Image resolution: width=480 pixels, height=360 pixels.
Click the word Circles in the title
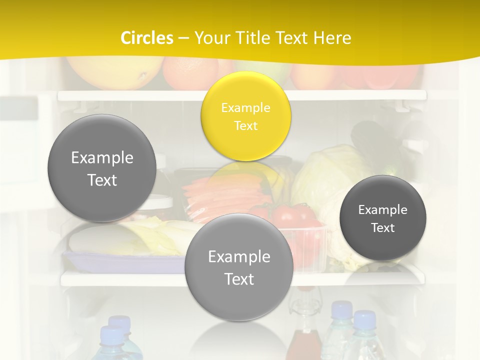pyautogui.click(x=146, y=37)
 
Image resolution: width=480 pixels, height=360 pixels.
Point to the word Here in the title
pyautogui.click(x=332, y=37)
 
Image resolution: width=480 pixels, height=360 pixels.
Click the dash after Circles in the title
pyautogui.click(x=183, y=38)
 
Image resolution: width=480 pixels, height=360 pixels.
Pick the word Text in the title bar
pyautogui.click(x=291, y=37)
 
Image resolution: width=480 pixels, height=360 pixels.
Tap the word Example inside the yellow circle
pyautogui.click(x=245, y=107)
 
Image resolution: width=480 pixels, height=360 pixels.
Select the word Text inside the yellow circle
pyautogui.click(x=245, y=125)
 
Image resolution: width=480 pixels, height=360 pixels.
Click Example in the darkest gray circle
pyautogui.click(x=383, y=209)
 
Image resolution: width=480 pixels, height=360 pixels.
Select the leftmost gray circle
pyautogui.click(x=102, y=168)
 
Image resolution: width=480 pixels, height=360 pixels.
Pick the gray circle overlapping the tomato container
pyautogui.click(x=238, y=267)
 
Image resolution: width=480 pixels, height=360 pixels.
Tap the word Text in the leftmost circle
pyautogui.click(x=102, y=180)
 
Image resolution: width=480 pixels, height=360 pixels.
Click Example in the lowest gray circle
pyautogui.click(x=238, y=256)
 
